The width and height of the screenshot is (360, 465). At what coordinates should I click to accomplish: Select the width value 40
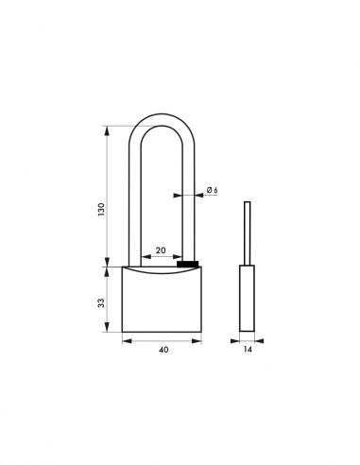(x=163, y=350)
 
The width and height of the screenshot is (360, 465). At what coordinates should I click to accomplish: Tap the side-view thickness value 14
(x=249, y=350)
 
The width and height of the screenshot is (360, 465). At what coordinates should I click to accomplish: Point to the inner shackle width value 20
(x=160, y=250)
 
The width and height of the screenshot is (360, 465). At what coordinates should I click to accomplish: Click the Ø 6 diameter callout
(x=211, y=192)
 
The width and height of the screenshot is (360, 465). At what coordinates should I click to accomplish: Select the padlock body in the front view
(x=163, y=302)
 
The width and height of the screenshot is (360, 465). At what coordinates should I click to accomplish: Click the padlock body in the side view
(x=248, y=300)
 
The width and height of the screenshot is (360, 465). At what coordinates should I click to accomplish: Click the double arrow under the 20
(x=160, y=257)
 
